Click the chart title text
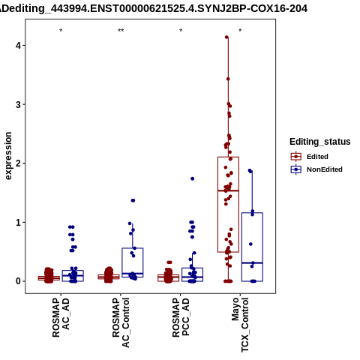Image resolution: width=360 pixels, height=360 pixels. (154, 9)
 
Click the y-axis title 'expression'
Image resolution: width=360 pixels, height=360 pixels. (8, 156)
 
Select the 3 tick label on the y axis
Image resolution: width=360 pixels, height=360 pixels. (18, 104)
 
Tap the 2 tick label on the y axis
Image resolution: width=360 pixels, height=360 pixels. (18, 163)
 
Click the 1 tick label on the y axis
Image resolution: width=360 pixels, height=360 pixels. (18, 222)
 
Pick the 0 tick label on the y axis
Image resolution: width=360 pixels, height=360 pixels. (18, 281)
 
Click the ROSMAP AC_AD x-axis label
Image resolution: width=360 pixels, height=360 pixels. (61, 317)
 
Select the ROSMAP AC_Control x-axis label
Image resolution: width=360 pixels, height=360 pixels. (121, 322)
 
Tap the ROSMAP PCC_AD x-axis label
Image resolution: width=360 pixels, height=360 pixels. (181, 317)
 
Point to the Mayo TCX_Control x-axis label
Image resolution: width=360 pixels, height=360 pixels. (240, 325)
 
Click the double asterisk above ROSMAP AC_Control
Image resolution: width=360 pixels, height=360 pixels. (121, 31)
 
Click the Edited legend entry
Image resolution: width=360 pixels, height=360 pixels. (310, 157)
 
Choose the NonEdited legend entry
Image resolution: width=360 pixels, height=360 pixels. (316, 169)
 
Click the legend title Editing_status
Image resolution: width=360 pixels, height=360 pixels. (320, 142)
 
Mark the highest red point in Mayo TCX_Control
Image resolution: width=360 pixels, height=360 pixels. (226, 37)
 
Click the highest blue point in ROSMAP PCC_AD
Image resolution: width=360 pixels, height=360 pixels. (192, 178)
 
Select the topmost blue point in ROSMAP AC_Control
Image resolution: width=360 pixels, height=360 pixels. (133, 200)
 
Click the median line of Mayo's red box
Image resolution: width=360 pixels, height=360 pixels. (228, 190)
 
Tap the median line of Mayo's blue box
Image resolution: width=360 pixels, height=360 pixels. (252, 263)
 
